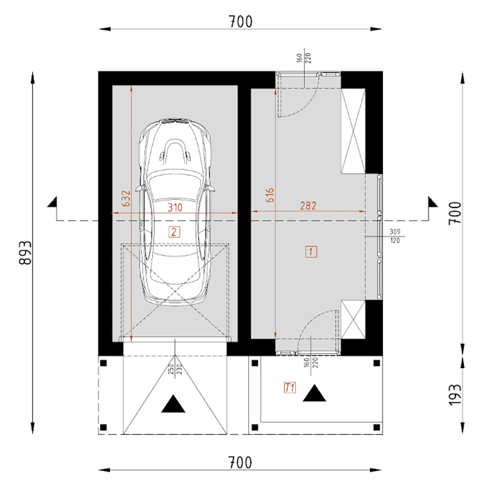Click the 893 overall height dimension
pos(25,253)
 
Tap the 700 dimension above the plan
pos(240,22)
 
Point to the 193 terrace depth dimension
pos(455,395)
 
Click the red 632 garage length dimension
pos(126,198)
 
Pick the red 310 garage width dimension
pos(175,207)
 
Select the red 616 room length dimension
pos(270,195)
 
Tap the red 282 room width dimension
pos(308,206)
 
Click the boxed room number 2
pos(174,232)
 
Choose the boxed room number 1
pos(311,252)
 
